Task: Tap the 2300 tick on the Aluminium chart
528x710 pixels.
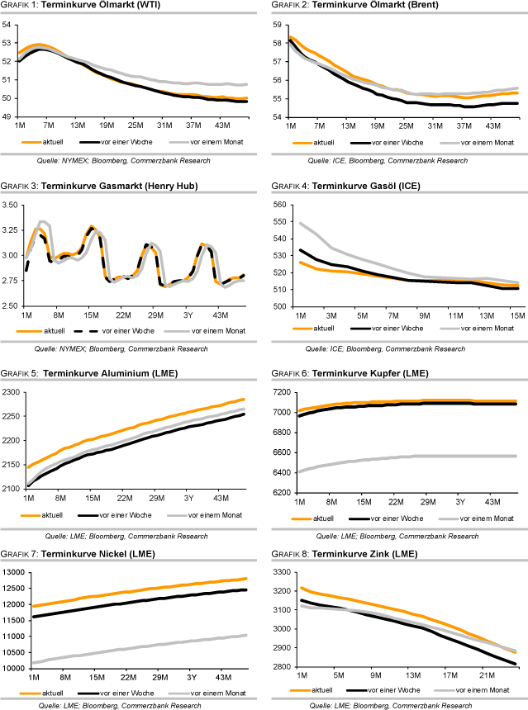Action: [12, 392]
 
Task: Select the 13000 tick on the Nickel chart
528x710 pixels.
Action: [14, 571]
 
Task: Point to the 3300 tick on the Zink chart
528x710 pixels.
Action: [277, 571]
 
